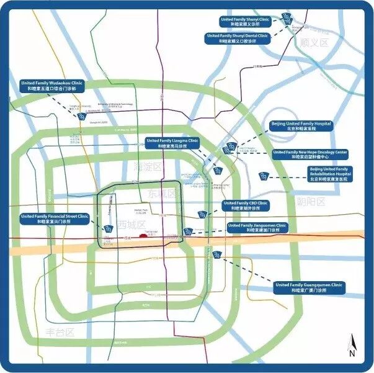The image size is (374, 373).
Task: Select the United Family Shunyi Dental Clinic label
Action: click(x=238, y=39)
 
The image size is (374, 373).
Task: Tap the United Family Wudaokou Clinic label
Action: click(x=51, y=86)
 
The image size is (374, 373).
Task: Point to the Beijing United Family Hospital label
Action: click(x=301, y=127)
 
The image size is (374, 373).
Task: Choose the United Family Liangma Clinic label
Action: click(x=172, y=143)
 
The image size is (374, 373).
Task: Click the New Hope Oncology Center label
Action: click(x=310, y=155)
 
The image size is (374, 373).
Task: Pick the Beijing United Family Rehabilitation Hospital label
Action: click(x=330, y=173)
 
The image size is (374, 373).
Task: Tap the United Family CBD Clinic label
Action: click(x=246, y=206)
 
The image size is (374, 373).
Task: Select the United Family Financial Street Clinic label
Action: click(x=55, y=218)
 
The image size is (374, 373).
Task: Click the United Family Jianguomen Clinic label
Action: click(x=257, y=228)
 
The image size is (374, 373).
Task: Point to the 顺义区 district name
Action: click(x=313, y=43)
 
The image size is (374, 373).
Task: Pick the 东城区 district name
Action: click(x=163, y=194)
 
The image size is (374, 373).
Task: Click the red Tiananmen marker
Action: click(x=143, y=235)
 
